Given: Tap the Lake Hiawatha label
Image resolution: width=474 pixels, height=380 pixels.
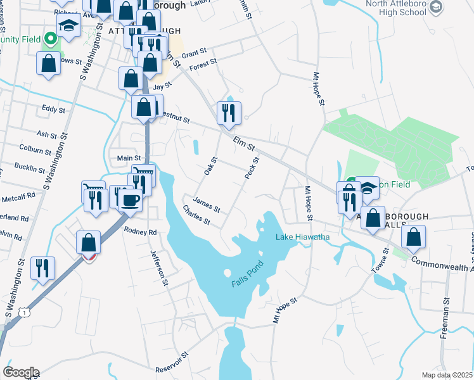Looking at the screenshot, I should click(x=302, y=237).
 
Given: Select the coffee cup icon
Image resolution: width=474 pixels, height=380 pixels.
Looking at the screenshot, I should click(x=131, y=201).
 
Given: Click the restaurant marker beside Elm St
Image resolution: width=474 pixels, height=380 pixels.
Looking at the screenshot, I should click(x=227, y=113).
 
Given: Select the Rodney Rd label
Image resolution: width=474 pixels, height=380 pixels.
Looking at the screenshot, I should click(x=140, y=232).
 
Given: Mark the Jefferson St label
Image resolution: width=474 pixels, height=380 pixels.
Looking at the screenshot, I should click(x=158, y=269).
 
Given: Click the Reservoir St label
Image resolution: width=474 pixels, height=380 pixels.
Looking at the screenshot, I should click(x=172, y=363).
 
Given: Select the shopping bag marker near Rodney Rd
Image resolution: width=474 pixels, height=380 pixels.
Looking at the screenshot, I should click(x=89, y=243).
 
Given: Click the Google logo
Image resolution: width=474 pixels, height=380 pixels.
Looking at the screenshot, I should click(x=20, y=372).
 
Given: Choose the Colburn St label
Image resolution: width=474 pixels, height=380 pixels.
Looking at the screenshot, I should click(x=35, y=151).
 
